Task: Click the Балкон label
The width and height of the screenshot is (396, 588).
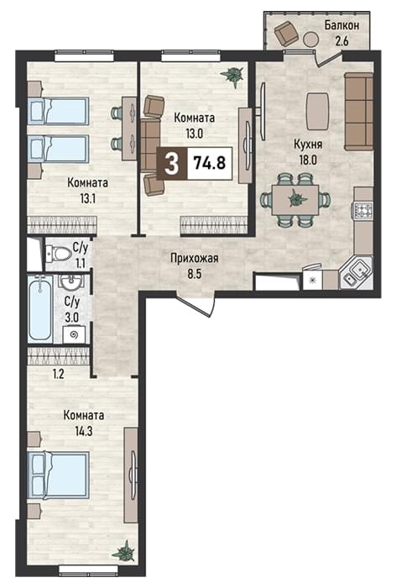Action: (x=341, y=25)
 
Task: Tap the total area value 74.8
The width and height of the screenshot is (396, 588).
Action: (x=210, y=163)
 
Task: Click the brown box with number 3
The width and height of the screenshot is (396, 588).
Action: (x=172, y=164)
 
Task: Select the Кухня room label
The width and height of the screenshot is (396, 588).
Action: (x=308, y=144)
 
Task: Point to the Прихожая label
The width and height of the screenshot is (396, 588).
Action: (x=194, y=259)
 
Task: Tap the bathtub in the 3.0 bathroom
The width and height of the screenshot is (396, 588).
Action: (x=40, y=307)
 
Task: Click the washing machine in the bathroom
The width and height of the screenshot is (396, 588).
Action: (x=74, y=334)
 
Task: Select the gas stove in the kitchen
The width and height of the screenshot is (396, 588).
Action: (x=362, y=209)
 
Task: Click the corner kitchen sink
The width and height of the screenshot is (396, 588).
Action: (x=357, y=273)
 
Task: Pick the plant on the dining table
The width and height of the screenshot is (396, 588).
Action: (x=295, y=197)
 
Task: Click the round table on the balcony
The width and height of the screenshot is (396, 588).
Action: (x=311, y=39)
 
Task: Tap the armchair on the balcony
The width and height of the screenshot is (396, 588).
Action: (x=286, y=33)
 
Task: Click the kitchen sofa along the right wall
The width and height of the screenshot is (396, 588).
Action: (x=358, y=112)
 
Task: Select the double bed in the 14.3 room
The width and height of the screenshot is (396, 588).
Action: (x=59, y=475)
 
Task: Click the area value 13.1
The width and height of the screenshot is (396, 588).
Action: (x=87, y=198)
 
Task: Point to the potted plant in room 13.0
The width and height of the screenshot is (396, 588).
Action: (x=232, y=77)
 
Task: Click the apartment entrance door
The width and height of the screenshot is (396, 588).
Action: (x=196, y=304)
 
